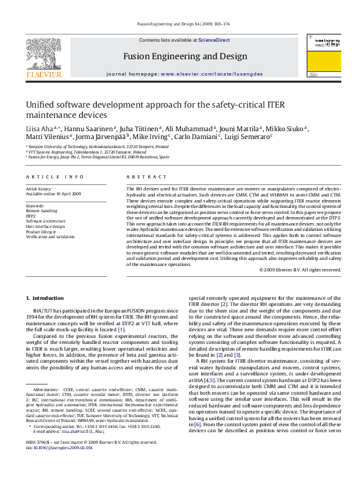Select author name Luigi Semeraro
coord(247,137)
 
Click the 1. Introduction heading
coord(46,298)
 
